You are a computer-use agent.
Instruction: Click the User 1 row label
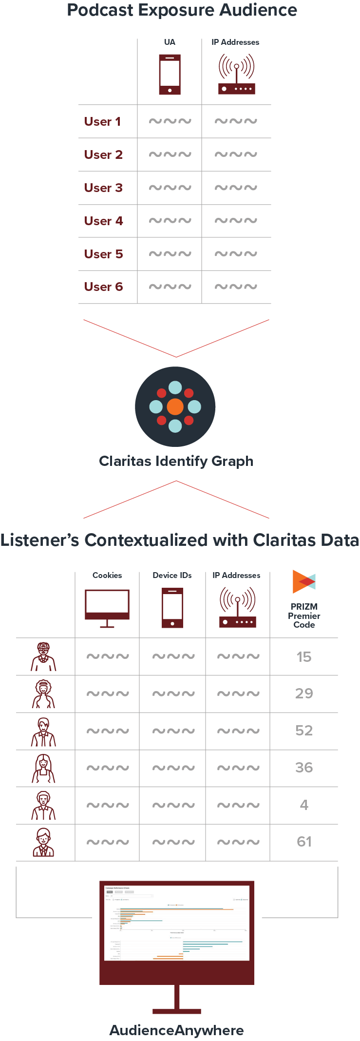tap(102, 121)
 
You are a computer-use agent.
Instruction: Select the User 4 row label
tap(103, 221)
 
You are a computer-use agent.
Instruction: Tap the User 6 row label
tap(103, 287)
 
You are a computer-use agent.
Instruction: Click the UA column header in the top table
tap(170, 42)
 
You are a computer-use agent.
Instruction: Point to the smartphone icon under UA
tap(170, 75)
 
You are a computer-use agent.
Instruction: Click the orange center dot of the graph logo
tap(175, 406)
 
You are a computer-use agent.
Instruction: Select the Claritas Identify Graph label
tap(176, 461)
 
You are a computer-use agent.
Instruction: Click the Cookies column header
tap(107, 575)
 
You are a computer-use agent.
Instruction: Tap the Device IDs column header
tap(172, 575)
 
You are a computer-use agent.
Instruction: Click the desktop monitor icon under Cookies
tap(107, 607)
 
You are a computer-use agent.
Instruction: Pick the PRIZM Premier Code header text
tap(304, 616)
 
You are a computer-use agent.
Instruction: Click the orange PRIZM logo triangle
tap(299, 581)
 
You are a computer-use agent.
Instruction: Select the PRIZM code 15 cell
tap(304, 657)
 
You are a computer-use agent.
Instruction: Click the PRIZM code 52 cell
tap(304, 731)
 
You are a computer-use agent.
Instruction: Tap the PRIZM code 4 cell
tap(304, 805)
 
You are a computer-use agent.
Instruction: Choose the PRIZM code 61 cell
tap(304, 842)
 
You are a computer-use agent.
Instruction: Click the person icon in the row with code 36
tap(44, 769)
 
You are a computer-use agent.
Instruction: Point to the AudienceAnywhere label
tap(176, 1030)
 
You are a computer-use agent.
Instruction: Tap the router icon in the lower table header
tap(238, 607)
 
